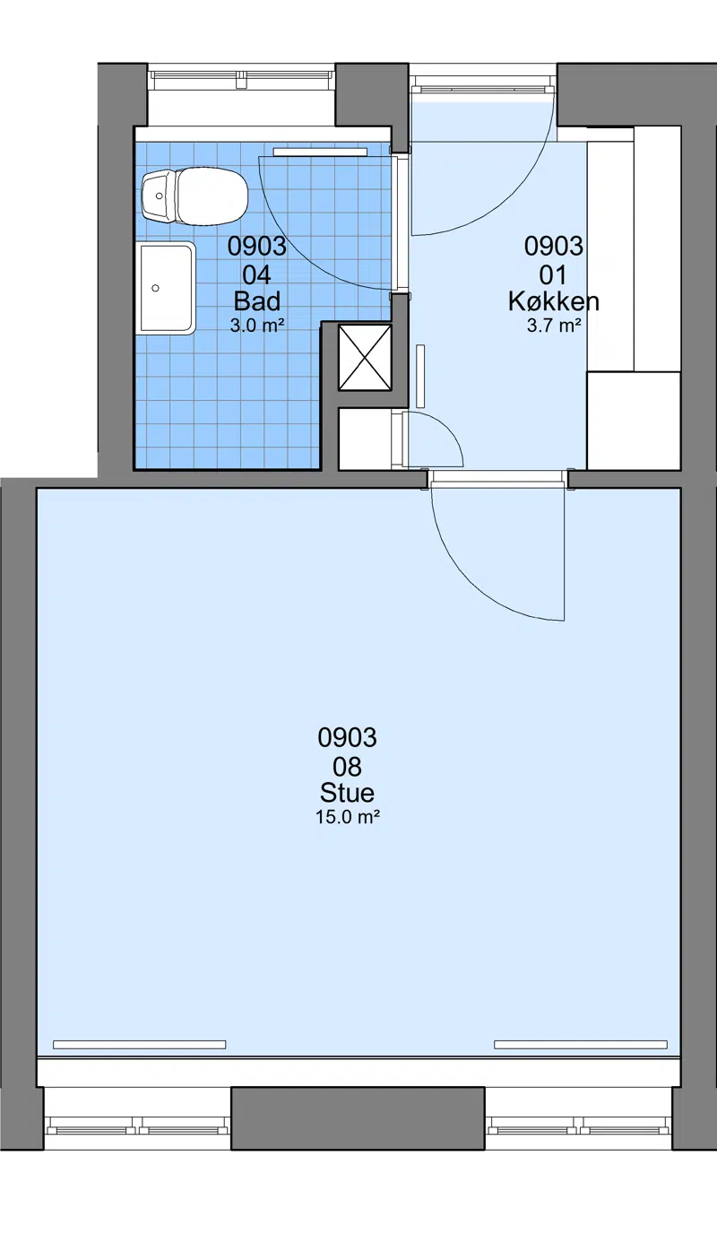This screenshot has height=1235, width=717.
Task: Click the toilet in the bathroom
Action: point(194,196)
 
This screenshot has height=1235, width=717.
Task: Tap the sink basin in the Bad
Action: point(165,289)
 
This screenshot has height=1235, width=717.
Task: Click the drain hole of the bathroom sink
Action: point(155,289)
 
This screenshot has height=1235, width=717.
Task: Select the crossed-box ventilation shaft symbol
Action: point(365,357)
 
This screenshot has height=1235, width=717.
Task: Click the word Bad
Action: point(257,301)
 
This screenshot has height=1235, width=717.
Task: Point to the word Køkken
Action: point(553,301)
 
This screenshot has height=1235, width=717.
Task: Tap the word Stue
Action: point(347,793)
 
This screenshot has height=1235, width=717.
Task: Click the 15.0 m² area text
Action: point(347,817)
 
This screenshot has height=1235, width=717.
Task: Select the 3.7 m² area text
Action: point(553,326)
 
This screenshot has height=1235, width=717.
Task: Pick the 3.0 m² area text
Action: point(257,326)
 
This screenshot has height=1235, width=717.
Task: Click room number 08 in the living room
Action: point(347,766)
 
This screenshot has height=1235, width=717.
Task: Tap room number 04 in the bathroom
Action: point(257,275)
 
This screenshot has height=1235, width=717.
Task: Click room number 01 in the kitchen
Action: point(553,275)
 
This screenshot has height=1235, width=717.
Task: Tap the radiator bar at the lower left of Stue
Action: point(140,1044)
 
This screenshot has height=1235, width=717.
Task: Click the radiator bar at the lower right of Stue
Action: point(581,1044)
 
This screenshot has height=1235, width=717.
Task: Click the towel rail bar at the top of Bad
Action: point(321,152)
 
